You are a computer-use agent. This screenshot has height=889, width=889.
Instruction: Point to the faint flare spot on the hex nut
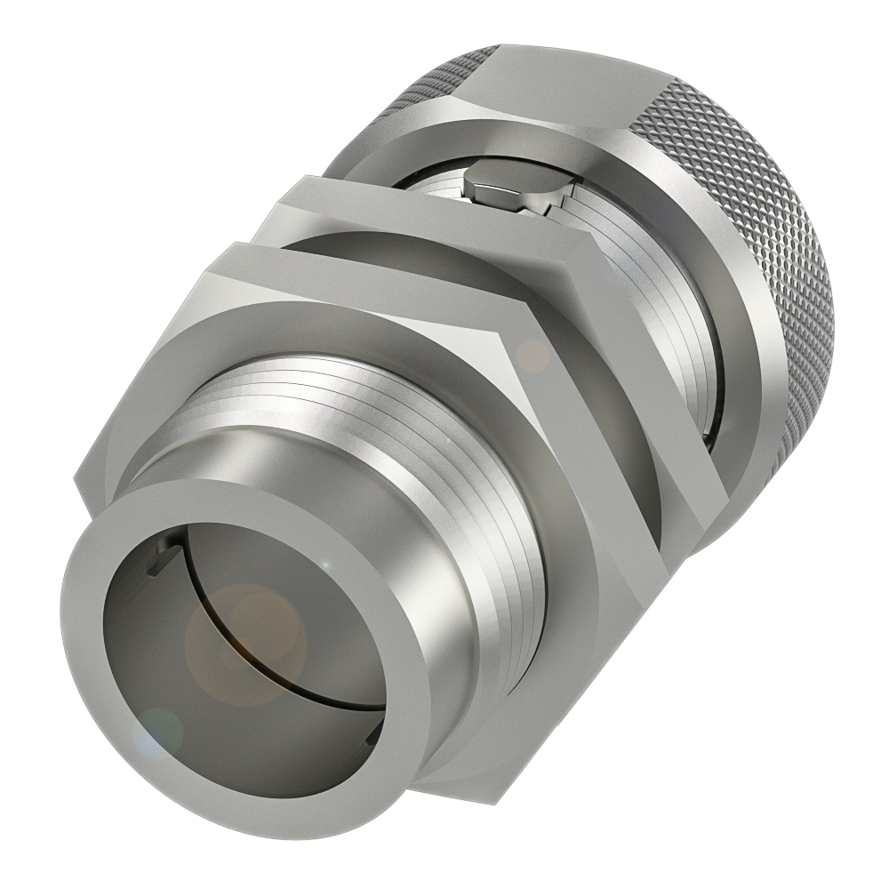pyautogui.click(x=533, y=356)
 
